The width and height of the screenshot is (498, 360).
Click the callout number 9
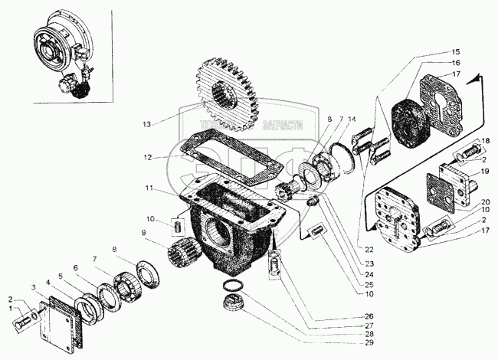click(143, 233)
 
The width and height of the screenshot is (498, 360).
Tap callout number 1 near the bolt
click(10, 309)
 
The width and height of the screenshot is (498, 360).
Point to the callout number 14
click(351, 119)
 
